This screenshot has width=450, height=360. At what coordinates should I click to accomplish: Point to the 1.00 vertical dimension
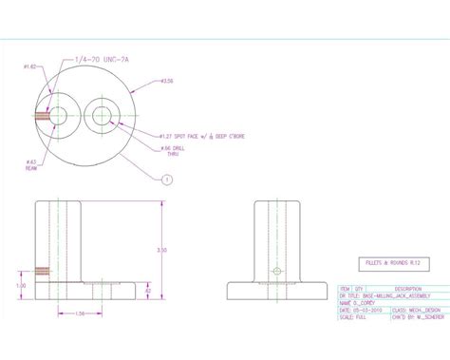(x=22, y=283)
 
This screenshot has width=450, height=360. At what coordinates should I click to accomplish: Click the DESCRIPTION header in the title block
(x=409, y=288)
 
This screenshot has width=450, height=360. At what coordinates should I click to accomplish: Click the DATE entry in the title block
(x=364, y=310)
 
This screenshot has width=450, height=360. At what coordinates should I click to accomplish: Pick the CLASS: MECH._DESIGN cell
(x=416, y=310)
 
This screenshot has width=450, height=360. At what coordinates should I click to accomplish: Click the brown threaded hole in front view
(x=41, y=272)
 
